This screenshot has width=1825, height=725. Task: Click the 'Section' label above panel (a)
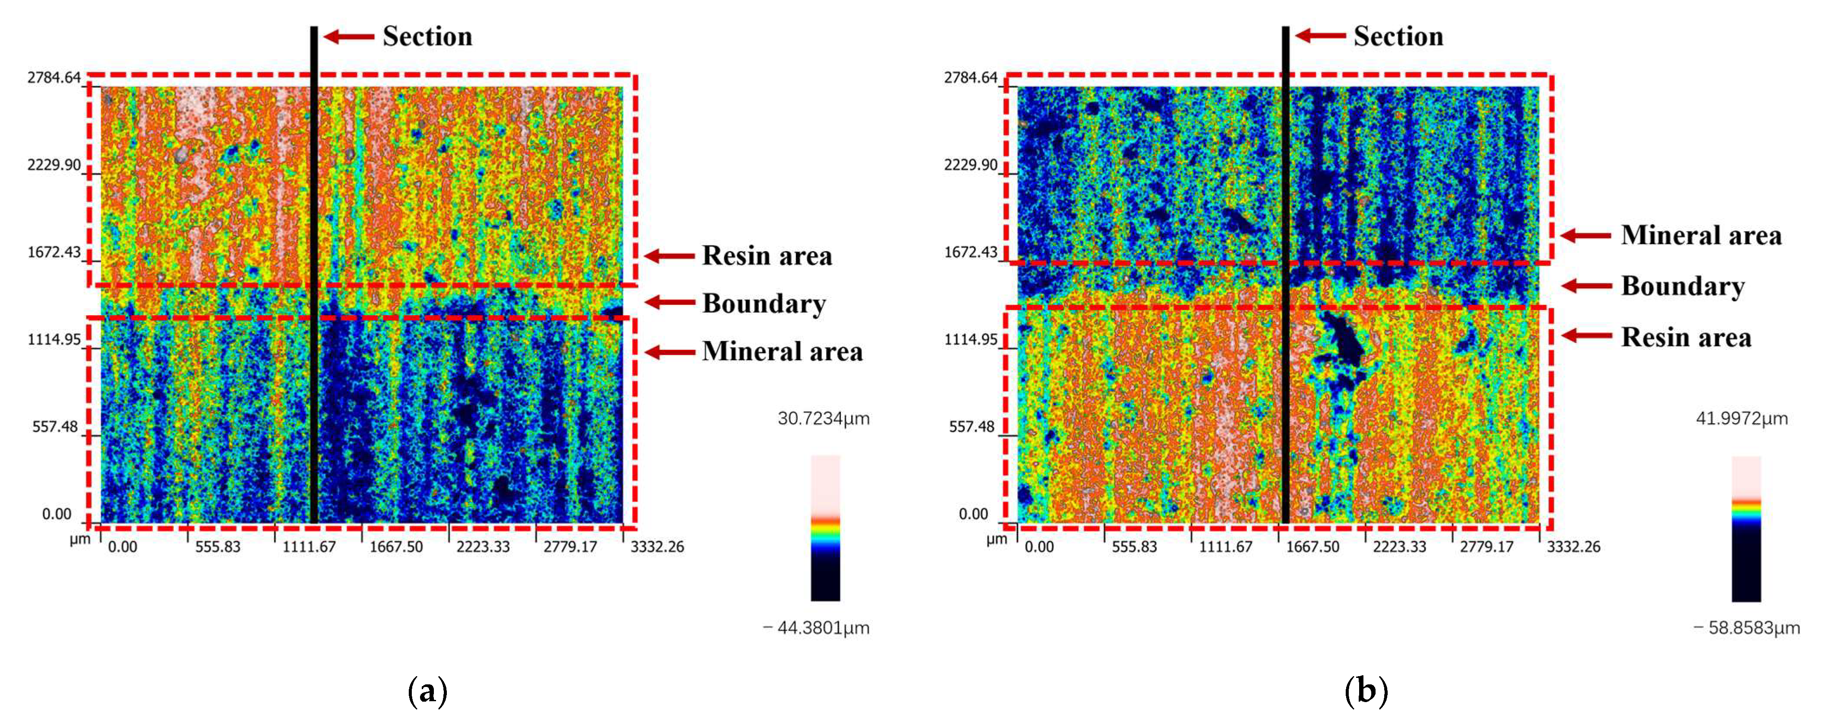427,36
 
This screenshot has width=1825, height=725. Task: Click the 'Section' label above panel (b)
1398,36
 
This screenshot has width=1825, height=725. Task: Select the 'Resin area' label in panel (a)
767,256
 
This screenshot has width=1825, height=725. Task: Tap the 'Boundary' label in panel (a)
764,304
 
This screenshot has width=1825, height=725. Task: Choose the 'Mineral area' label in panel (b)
1700,235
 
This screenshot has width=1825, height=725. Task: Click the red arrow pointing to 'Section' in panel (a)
349,36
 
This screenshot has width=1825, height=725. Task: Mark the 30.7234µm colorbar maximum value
823,418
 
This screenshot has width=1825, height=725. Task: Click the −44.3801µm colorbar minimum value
816,627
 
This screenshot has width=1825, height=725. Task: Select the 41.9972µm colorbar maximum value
1742,418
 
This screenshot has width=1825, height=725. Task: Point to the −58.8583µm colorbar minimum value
1746,627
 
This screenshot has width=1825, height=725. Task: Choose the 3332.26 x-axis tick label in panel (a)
657,546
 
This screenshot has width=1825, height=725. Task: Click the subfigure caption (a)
428,690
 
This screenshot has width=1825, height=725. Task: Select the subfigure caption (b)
1365,690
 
